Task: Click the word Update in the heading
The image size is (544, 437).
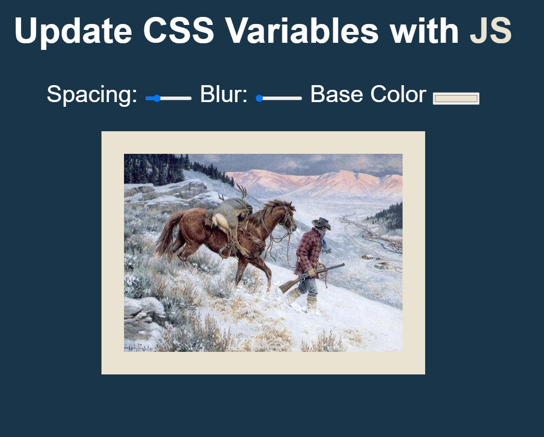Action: tap(73, 31)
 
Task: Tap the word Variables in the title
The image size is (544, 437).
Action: tap(301, 31)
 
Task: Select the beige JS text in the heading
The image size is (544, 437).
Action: tap(490, 31)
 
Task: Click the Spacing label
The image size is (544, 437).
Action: tap(92, 95)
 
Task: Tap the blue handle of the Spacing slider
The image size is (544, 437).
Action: tap(157, 98)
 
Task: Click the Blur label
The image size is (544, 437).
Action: tap(224, 95)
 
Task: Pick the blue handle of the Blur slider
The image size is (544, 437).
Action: tap(259, 98)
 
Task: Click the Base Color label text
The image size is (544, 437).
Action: tap(368, 95)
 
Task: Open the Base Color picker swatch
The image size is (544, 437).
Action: tap(456, 98)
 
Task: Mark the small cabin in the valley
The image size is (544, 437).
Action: tap(368, 257)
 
